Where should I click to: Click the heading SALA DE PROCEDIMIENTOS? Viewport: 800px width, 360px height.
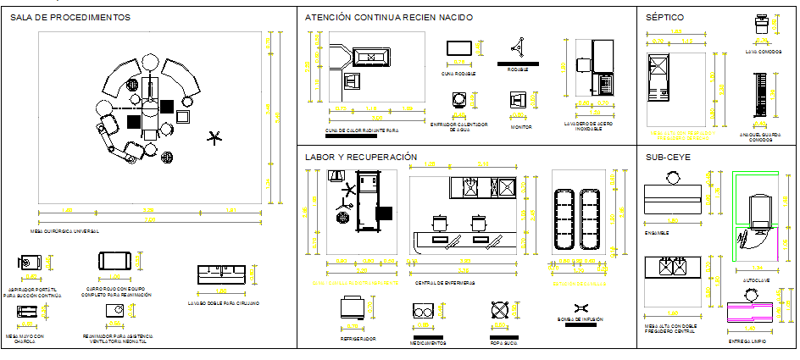[70, 17]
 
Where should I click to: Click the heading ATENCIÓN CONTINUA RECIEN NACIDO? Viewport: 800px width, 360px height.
[388, 17]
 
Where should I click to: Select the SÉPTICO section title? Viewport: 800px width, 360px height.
[664, 17]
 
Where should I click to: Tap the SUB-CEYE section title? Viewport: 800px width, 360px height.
[669, 157]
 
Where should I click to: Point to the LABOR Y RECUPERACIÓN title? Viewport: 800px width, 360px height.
[361, 157]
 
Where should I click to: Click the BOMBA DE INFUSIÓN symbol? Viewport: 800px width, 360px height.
[581, 308]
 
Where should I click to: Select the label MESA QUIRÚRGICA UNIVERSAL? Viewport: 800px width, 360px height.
[69, 230]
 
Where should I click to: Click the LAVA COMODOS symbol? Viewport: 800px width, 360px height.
[762, 25]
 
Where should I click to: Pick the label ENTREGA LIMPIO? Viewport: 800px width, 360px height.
[748, 341]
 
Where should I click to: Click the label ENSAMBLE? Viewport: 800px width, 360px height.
[657, 232]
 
